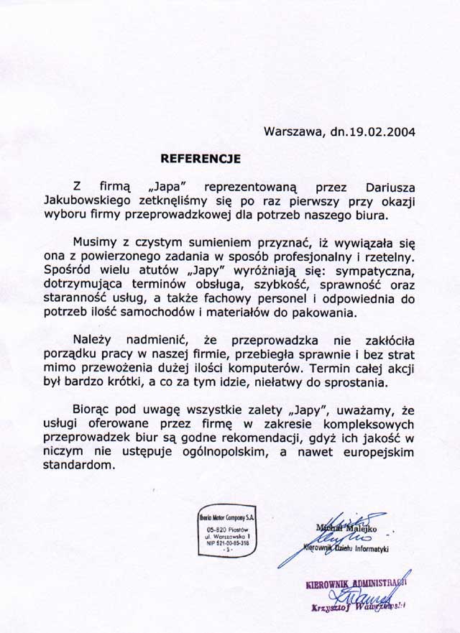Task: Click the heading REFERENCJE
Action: coord(201,156)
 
